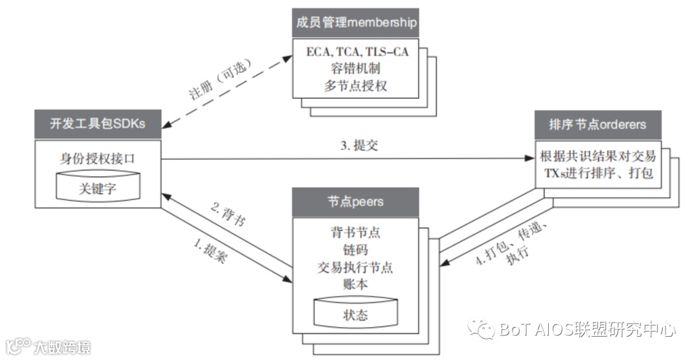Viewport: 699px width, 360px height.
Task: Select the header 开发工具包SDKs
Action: (x=98, y=124)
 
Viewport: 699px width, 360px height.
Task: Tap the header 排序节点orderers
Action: (x=597, y=124)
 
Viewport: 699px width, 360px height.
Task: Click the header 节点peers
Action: (x=355, y=201)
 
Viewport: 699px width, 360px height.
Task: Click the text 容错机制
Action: (x=355, y=69)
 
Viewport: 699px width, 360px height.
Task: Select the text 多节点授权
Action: (x=355, y=85)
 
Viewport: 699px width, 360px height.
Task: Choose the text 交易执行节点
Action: (x=355, y=266)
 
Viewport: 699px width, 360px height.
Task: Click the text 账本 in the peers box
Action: (x=355, y=282)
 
